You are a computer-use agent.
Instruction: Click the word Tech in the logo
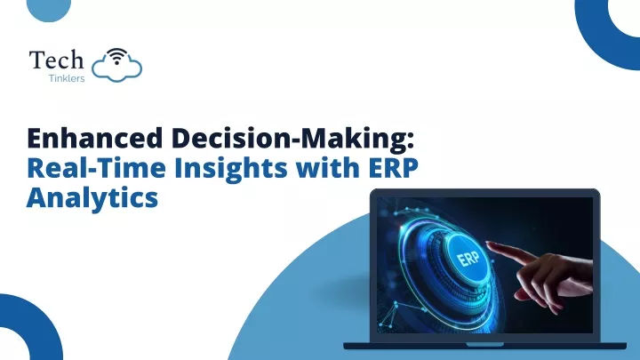(56, 60)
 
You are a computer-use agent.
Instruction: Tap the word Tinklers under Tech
(67, 78)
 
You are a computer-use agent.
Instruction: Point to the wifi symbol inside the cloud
(117, 56)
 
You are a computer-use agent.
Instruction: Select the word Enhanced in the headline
(95, 138)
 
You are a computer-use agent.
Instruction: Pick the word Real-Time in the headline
(96, 168)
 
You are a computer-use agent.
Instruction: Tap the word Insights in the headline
(231, 169)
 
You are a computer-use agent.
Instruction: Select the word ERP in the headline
(394, 168)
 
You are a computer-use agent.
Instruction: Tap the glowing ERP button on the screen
(468, 258)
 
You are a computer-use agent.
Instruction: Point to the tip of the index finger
(487, 244)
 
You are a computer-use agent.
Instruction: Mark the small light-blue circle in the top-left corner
(49, 9)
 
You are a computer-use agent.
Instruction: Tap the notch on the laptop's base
(485, 345)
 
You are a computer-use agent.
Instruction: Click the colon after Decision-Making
(410, 140)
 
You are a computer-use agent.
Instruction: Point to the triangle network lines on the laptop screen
(391, 315)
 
